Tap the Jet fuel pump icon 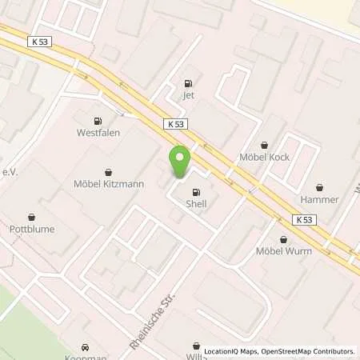click(x=189, y=82)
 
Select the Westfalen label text click(x=98, y=133)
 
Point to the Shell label click(x=196, y=204)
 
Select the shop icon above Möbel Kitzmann click(x=110, y=171)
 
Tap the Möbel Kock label click(x=262, y=158)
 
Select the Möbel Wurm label click(x=284, y=251)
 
